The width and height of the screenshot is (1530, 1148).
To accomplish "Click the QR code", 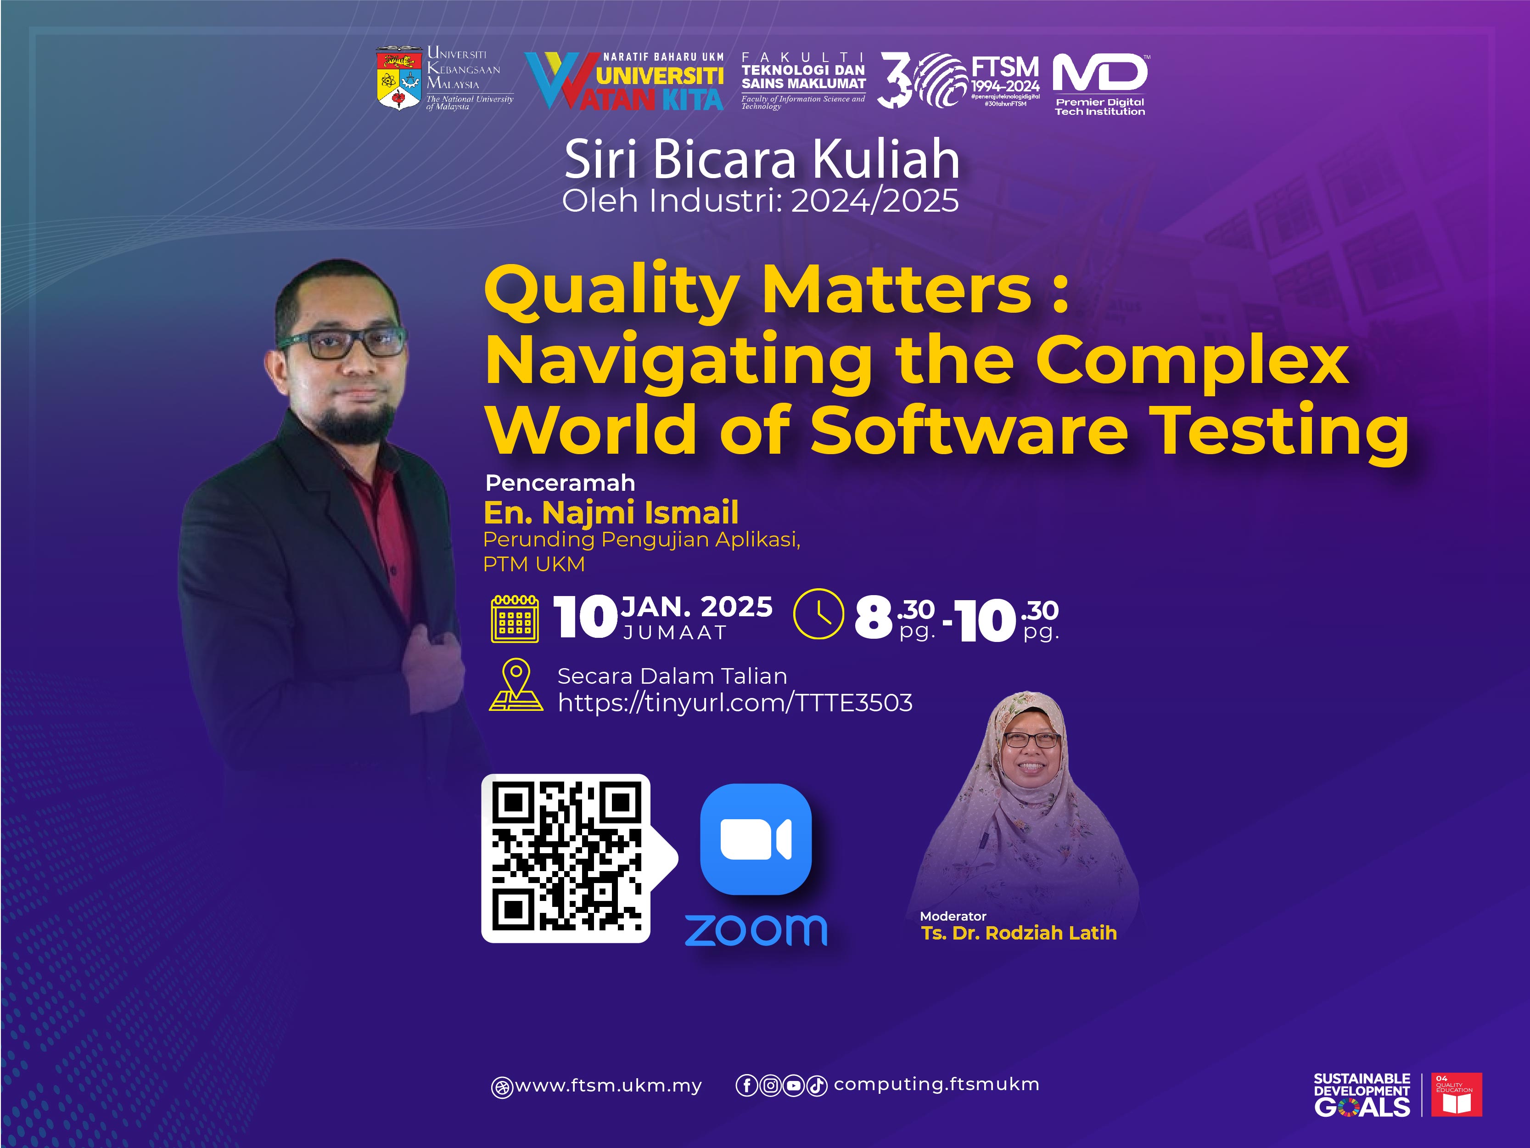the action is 566,858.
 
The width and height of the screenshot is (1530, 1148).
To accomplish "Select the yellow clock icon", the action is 818,614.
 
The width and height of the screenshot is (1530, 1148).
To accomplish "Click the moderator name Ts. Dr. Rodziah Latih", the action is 1019,933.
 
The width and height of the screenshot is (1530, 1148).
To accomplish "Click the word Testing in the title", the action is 1280,433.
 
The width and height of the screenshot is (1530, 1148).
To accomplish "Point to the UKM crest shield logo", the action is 398,78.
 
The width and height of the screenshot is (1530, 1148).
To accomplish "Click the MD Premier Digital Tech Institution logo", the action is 1100,84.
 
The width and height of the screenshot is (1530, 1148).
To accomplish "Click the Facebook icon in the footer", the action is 747,1086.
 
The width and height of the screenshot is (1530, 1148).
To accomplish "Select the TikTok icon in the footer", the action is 817,1086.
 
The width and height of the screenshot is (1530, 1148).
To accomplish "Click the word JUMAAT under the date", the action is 674,632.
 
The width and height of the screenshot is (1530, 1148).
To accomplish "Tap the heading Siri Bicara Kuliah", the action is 762,159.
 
